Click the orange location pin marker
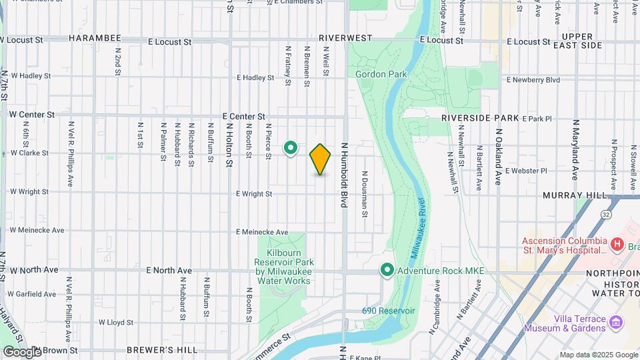tap(320, 159)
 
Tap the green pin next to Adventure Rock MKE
tap(387, 271)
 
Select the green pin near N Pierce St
tap(291, 147)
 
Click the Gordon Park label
tap(381, 75)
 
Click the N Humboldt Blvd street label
tap(345, 175)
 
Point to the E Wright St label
tap(254, 194)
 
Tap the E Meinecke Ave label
tap(263, 232)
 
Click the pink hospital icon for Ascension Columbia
tap(616, 245)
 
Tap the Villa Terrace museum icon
tap(616, 323)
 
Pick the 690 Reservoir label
tap(389, 311)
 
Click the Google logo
tap(22, 352)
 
